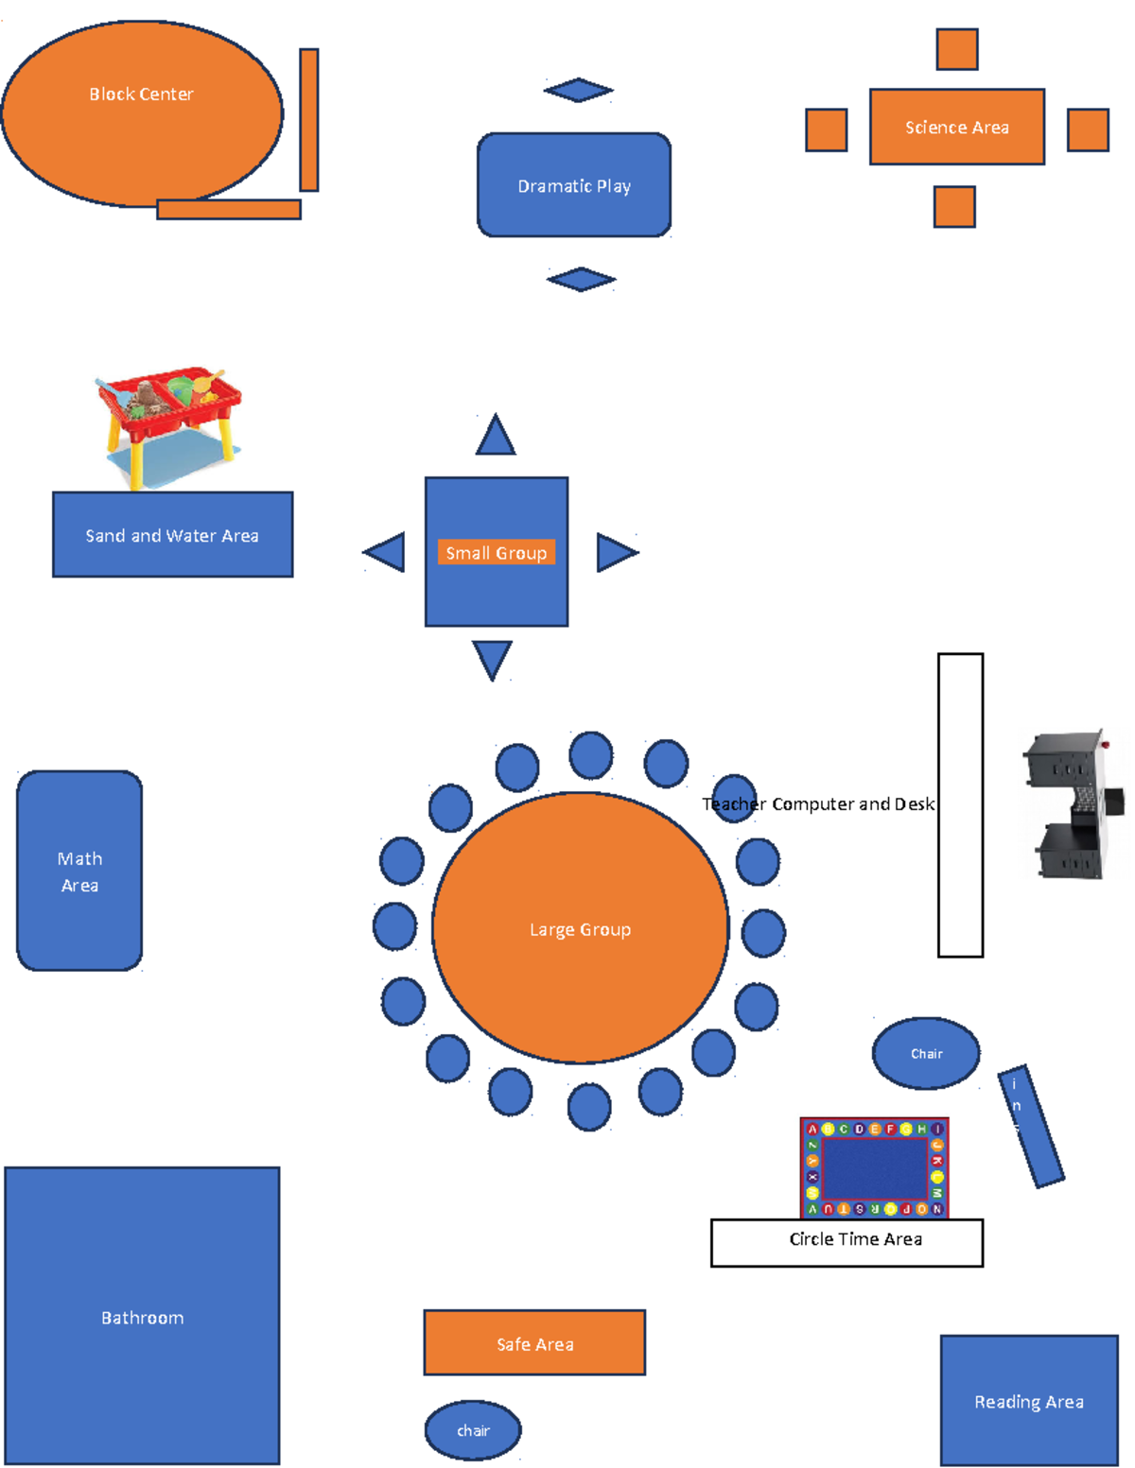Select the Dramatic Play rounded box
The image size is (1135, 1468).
(x=574, y=185)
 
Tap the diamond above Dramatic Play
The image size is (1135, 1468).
(x=579, y=91)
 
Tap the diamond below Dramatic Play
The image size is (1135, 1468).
(x=581, y=280)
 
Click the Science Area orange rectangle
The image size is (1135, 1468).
(x=956, y=128)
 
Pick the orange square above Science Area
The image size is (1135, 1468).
(x=956, y=49)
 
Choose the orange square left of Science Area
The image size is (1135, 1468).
(x=826, y=130)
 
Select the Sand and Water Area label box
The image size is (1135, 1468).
(x=172, y=535)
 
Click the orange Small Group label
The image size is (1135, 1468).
(x=496, y=553)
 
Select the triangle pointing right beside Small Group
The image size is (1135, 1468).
(x=615, y=553)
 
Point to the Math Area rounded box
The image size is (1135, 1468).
(x=79, y=872)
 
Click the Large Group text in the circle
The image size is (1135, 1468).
(x=580, y=930)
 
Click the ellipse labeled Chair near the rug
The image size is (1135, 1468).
(x=926, y=1054)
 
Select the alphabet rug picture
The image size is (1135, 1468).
(x=874, y=1168)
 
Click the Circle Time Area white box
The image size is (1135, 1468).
(x=847, y=1243)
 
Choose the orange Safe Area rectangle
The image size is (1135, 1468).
(x=534, y=1343)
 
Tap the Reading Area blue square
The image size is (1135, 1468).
(x=1029, y=1401)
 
